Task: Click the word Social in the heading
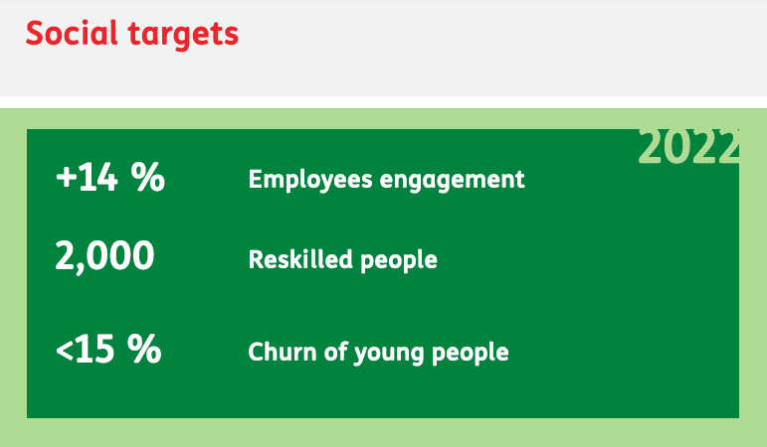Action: tap(72, 33)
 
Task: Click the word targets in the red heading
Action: tap(183, 35)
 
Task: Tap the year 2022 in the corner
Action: tap(688, 146)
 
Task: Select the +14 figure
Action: tap(88, 177)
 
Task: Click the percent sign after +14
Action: tap(147, 177)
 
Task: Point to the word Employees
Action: tap(310, 179)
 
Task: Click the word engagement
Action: tap(453, 180)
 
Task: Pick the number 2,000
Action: tap(104, 256)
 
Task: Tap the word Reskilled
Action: tap(300, 259)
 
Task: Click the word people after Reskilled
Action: tap(399, 260)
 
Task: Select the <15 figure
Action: tap(86, 349)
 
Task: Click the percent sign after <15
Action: tap(144, 349)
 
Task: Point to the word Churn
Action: tap(283, 352)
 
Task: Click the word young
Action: tap(388, 354)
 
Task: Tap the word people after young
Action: tap(471, 354)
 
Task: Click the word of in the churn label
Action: tap(335, 352)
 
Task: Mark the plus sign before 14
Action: tap(67, 177)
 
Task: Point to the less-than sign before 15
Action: tap(65, 350)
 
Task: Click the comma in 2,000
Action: tap(79, 268)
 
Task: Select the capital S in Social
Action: tap(36, 33)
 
